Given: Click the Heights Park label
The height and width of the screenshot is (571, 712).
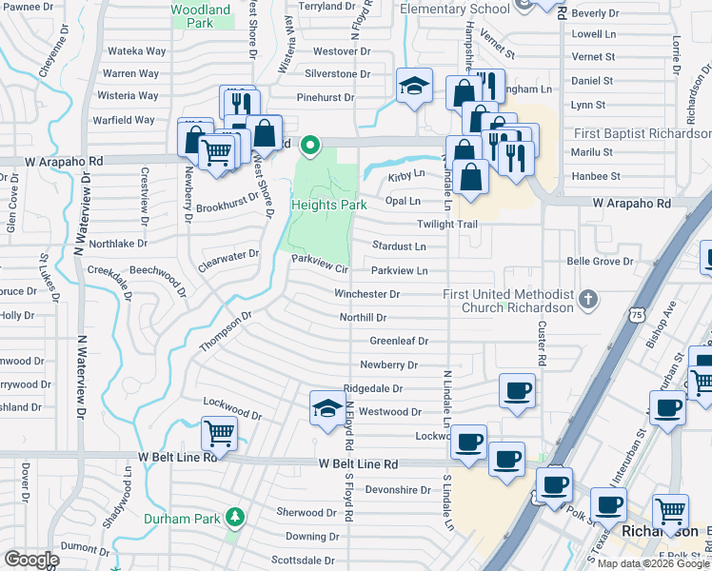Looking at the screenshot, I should tap(328, 205).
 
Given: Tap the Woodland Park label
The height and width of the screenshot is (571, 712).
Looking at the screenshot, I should tap(201, 15).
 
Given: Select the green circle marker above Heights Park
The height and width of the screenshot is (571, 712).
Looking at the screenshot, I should tap(309, 146).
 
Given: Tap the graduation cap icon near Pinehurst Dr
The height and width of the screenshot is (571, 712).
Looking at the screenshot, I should tap(415, 87).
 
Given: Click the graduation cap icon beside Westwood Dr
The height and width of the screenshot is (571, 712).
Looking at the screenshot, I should tap(327, 407).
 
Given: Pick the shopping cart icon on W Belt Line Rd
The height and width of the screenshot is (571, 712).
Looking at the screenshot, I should tap(220, 434).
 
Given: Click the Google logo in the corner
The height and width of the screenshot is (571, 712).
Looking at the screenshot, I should tap(30, 560).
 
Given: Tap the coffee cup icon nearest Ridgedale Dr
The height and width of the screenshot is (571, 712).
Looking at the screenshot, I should tap(517, 390).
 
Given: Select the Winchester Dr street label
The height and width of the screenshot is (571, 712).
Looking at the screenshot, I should tap(366, 294).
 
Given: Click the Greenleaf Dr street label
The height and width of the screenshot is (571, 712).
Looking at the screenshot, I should tap(399, 340).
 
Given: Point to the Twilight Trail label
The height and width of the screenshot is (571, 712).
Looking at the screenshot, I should tap(446, 224).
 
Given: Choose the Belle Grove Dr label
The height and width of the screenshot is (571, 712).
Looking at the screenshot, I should tap(600, 261).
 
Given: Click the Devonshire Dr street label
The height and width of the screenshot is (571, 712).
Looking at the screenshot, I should tap(399, 490).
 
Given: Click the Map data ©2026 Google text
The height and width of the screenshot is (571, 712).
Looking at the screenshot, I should tap(652, 563).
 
